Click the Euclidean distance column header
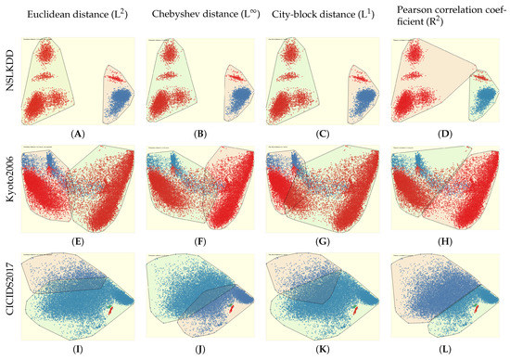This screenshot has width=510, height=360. (84, 15)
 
